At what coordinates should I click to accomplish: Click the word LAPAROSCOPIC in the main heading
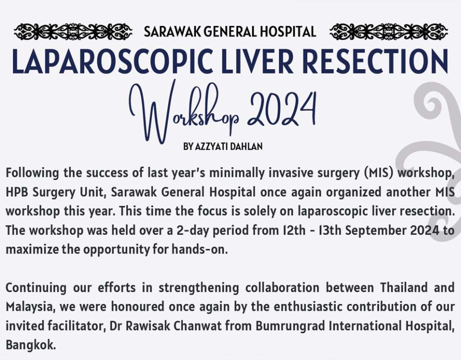pos(112,61)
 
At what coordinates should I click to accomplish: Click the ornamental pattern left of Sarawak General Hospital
pos(73,32)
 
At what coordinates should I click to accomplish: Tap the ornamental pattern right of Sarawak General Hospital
pos(388,32)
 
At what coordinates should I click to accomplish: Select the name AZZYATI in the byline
pos(211,146)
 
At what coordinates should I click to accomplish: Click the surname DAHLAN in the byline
pos(246,146)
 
